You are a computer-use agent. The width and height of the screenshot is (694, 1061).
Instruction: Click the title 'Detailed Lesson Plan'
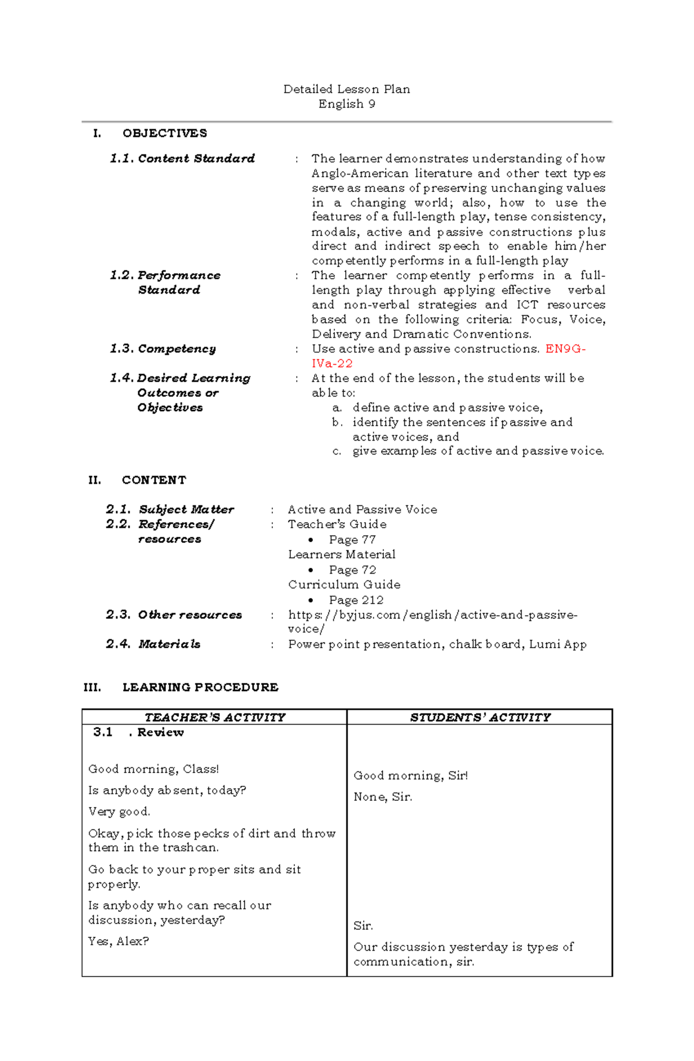click(346, 89)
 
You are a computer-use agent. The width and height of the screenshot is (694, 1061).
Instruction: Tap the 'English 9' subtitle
click(346, 104)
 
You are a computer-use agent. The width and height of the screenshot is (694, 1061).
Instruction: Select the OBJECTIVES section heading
click(164, 134)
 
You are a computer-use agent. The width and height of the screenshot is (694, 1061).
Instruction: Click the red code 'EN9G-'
click(566, 349)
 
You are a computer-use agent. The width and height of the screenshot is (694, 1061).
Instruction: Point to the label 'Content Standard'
click(196, 158)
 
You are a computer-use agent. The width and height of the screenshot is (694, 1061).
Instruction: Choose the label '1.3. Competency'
click(163, 349)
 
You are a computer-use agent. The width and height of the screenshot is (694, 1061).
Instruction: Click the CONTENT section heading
click(154, 480)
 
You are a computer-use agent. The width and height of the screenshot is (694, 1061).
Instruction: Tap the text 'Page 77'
click(352, 539)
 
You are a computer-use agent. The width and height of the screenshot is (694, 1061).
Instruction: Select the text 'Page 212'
click(356, 600)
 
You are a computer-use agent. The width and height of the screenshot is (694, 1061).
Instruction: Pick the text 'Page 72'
click(352, 570)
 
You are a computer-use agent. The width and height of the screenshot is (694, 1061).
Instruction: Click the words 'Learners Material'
click(342, 554)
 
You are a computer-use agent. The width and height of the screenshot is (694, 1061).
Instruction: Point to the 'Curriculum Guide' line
click(344, 585)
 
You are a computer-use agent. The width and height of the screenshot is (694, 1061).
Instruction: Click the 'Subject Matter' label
click(186, 509)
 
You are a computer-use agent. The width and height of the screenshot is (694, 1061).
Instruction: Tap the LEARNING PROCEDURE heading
click(200, 687)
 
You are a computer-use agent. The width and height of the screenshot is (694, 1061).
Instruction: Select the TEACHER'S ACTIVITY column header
click(215, 718)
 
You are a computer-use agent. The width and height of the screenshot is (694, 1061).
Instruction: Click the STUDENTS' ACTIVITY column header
click(480, 718)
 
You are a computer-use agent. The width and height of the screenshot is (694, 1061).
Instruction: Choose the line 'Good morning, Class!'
click(153, 769)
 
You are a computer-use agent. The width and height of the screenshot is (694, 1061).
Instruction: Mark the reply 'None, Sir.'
click(383, 797)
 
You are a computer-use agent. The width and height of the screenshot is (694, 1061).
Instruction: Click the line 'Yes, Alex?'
click(119, 941)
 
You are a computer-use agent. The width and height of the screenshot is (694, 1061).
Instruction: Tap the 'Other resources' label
click(190, 615)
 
